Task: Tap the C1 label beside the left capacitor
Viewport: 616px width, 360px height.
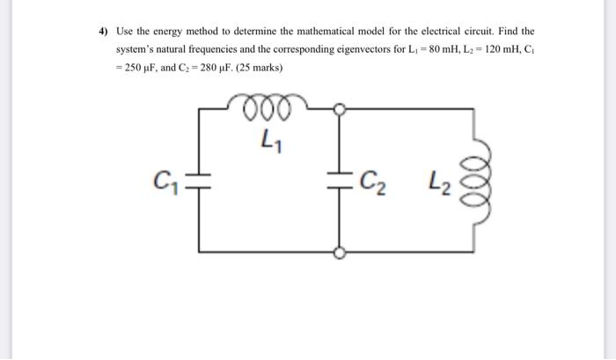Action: pyautogui.click(x=164, y=186)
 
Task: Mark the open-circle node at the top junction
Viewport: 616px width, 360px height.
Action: pyautogui.click(x=340, y=109)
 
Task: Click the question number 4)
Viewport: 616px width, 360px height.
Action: pyautogui.click(x=103, y=31)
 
